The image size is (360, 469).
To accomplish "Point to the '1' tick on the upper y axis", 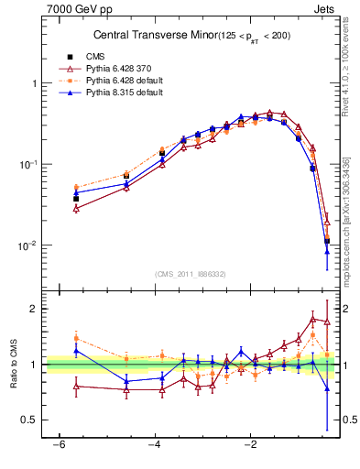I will point(33,83).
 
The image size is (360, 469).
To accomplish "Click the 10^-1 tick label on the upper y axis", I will point(27,164).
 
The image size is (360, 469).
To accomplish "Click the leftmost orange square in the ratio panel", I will point(76,338).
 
